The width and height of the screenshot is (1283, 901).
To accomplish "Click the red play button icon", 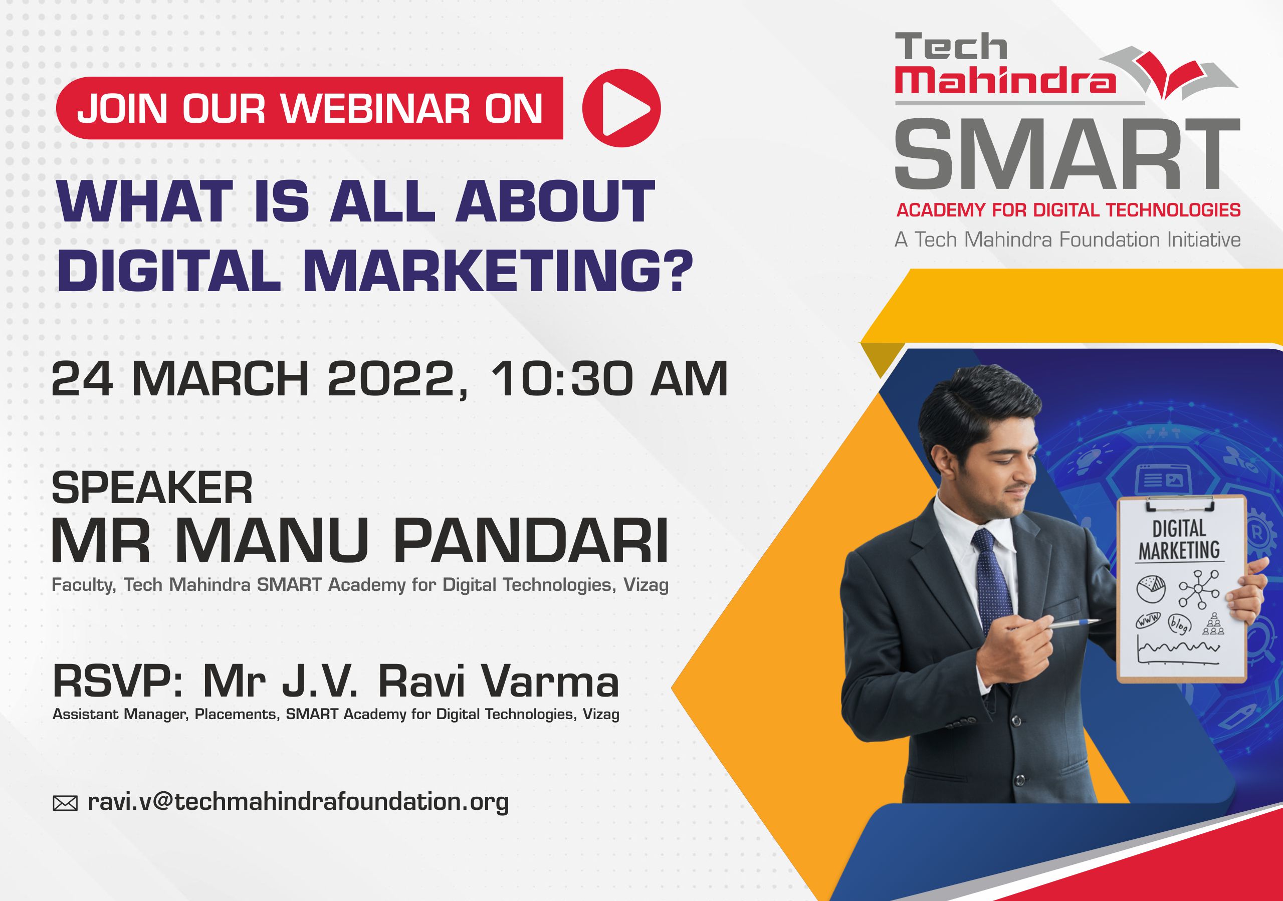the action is click(x=621, y=108).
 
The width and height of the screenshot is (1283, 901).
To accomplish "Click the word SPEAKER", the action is click(x=152, y=488).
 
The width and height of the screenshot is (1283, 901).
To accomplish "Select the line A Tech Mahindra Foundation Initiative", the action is click(x=1067, y=240).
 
